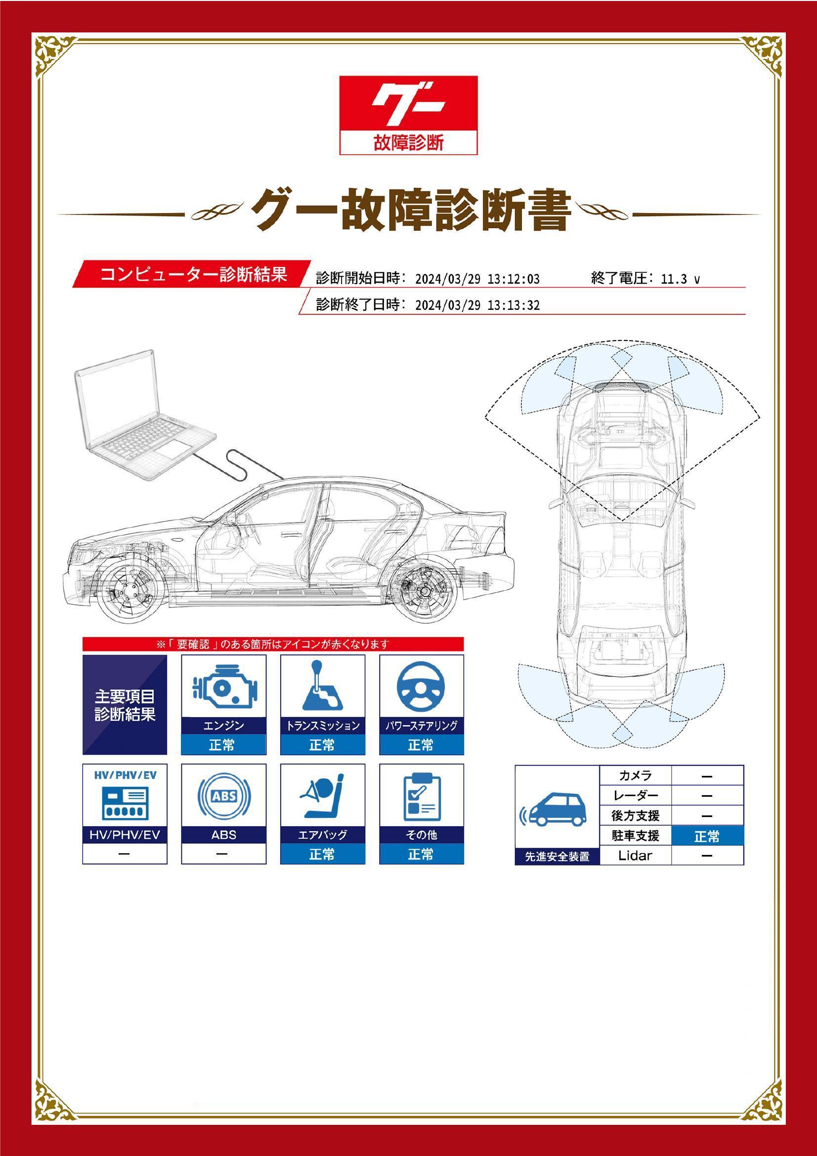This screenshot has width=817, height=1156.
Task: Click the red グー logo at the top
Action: point(408,115)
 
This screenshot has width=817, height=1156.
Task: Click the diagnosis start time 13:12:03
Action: point(514,279)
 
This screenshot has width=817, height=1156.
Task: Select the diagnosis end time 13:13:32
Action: point(514,305)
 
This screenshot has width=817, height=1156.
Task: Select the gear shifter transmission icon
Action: point(322,686)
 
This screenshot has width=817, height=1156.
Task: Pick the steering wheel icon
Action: point(421,686)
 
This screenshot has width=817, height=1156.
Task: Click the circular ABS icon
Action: point(224,796)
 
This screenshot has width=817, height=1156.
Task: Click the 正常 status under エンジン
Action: point(223,744)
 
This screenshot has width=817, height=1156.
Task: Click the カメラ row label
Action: point(635,776)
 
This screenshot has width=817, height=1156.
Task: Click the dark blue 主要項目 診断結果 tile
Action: point(125,704)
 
